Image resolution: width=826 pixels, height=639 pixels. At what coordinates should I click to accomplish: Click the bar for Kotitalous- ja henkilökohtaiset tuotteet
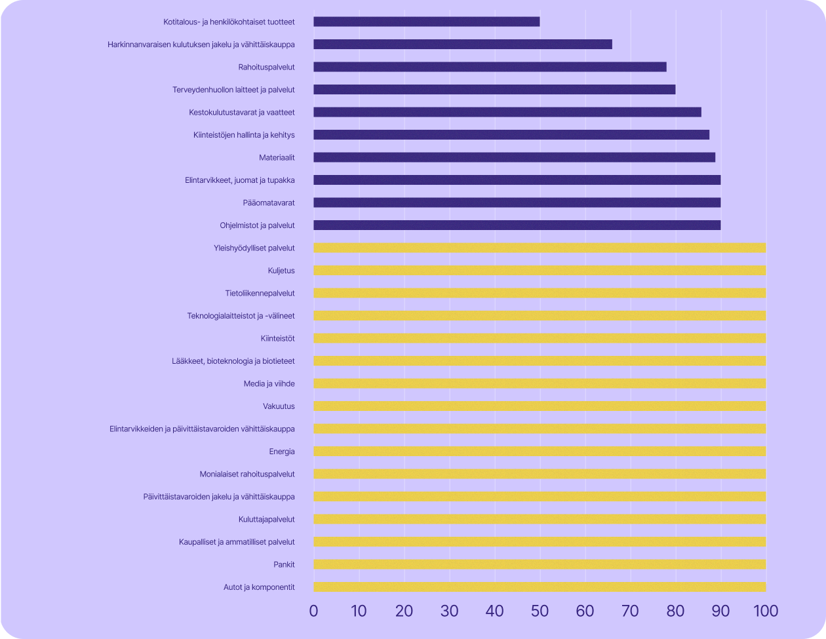[x=426, y=22]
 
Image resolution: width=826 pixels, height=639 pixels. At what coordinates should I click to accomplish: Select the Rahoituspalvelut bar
[x=490, y=67]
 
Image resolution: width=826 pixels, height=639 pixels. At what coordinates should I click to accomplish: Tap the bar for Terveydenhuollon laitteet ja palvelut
[x=494, y=89]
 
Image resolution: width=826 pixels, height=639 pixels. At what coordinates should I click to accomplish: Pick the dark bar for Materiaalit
[x=514, y=157]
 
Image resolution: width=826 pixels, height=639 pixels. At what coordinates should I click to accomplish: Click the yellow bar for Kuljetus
[x=540, y=271]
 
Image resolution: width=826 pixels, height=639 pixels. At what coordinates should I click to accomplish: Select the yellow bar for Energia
[x=540, y=452]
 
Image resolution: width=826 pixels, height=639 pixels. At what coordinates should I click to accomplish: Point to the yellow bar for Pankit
[x=540, y=564]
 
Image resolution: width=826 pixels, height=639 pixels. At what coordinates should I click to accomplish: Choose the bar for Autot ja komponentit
[x=540, y=587]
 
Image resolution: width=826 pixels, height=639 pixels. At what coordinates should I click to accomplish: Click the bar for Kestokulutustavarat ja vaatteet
[x=507, y=112]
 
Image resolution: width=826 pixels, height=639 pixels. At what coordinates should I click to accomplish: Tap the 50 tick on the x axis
[x=540, y=611]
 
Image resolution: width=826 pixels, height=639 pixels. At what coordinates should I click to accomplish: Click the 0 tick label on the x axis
[x=313, y=611]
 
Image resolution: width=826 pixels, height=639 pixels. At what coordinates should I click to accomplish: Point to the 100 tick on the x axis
[x=765, y=611]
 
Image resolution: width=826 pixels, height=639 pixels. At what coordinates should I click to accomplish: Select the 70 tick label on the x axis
[x=630, y=611]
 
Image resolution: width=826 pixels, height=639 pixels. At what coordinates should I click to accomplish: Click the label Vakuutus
[x=279, y=406]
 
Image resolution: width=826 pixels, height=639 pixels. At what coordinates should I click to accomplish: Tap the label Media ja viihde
[x=269, y=383]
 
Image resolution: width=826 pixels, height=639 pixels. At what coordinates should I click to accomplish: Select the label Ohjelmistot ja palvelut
[x=257, y=225]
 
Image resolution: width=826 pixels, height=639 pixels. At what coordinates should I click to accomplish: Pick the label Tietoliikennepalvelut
[x=260, y=293]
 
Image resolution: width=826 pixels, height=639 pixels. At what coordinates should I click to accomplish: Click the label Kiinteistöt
[x=277, y=338]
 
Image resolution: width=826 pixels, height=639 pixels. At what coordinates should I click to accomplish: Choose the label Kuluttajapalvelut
[x=266, y=519]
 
